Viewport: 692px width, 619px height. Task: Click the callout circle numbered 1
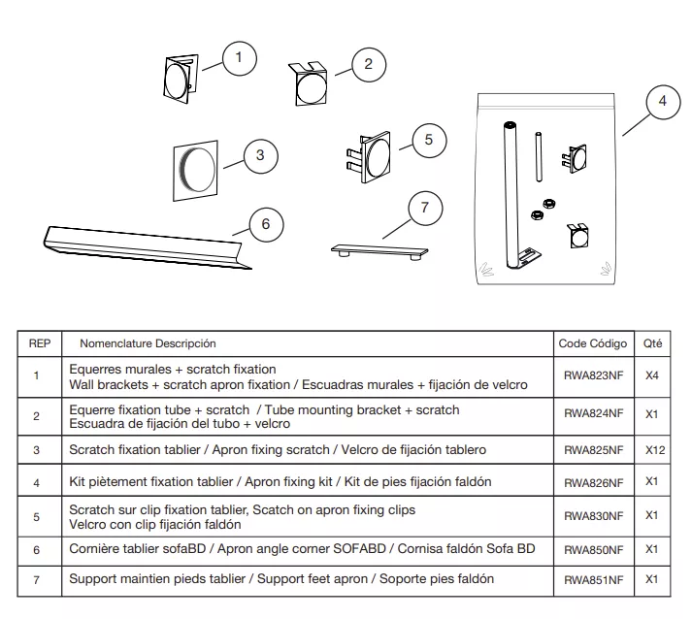pos(239,58)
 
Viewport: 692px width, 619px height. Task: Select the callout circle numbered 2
pos(368,65)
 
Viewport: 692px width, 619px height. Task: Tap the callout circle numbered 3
pos(260,154)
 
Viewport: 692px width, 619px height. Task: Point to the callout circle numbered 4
pos(662,102)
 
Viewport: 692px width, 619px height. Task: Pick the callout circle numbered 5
pos(429,140)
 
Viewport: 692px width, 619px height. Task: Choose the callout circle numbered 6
pos(266,225)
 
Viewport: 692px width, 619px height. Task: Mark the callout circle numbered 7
pos(424,208)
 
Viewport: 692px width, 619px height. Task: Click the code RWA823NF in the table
pos(593,376)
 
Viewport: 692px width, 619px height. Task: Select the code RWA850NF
pos(593,549)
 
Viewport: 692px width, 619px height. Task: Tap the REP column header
pos(40,343)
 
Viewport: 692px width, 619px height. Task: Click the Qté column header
pos(651,343)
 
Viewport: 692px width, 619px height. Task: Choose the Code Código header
pos(593,343)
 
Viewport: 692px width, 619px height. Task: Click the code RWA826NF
pos(593,482)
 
